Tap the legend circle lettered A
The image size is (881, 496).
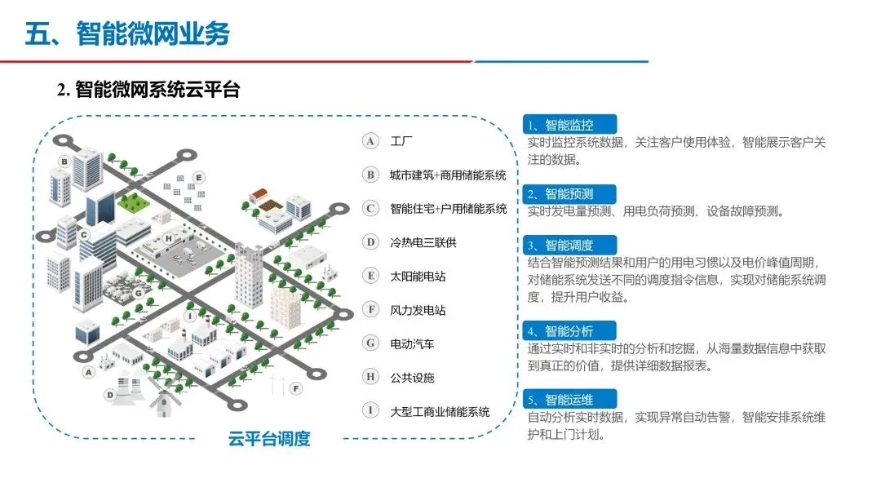pyautogui.click(x=371, y=141)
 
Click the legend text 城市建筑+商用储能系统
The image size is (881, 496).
pyautogui.click(x=448, y=175)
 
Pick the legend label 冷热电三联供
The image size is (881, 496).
pyautogui.click(x=423, y=242)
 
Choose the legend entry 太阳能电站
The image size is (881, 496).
pyautogui.click(x=418, y=277)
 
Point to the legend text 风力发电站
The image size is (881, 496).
pyautogui.click(x=418, y=310)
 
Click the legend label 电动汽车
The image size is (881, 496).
pyautogui.click(x=412, y=343)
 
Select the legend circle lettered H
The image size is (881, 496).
pyautogui.click(x=371, y=377)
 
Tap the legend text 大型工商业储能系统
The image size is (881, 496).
pyautogui.click(x=440, y=411)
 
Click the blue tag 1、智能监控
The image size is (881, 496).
pyautogui.click(x=569, y=125)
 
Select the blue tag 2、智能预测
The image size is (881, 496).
pyautogui.click(x=569, y=193)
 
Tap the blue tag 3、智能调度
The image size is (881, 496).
pyautogui.click(x=569, y=245)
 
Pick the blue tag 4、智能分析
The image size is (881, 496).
pyautogui.click(x=569, y=330)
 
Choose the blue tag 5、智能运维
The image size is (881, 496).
pyautogui.click(x=569, y=399)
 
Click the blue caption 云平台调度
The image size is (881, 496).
pyautogui.click(x=270, y=439)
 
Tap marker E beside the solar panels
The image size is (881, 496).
pyautogui.click(x=197, y=177)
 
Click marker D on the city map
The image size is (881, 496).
pyautogui.click(x=108, y=395)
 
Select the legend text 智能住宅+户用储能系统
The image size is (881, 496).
pyautogui.click(x=448, y=209)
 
